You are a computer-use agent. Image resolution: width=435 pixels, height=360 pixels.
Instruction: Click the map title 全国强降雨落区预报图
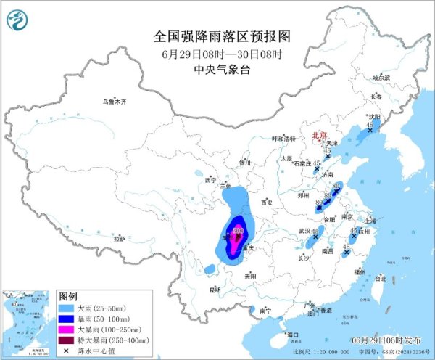point(217,36)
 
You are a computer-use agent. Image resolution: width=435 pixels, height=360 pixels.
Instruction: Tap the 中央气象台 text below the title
point(217,70)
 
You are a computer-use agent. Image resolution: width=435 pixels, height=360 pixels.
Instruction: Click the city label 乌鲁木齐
point(114,102)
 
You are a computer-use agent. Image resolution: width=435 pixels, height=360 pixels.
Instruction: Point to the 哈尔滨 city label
point(381,77)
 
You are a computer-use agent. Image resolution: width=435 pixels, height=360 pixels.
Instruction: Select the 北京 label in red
point(319,135)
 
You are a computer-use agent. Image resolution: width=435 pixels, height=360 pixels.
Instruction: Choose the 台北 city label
point(382,278)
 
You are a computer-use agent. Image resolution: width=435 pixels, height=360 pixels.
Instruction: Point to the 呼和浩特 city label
point(283,138)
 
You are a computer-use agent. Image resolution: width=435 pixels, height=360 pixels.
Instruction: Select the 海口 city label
point(293,335)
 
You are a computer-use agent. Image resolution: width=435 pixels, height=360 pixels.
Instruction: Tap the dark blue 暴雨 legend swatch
point(67,319)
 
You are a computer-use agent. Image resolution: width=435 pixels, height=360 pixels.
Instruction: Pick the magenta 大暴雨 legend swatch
point(67,329)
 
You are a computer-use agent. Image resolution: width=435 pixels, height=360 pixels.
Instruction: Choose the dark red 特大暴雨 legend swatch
point(67,339)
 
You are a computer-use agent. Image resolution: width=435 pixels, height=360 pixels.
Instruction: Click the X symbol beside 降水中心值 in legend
point(67,350)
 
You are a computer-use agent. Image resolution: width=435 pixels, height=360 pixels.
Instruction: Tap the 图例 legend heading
point(68,297)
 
